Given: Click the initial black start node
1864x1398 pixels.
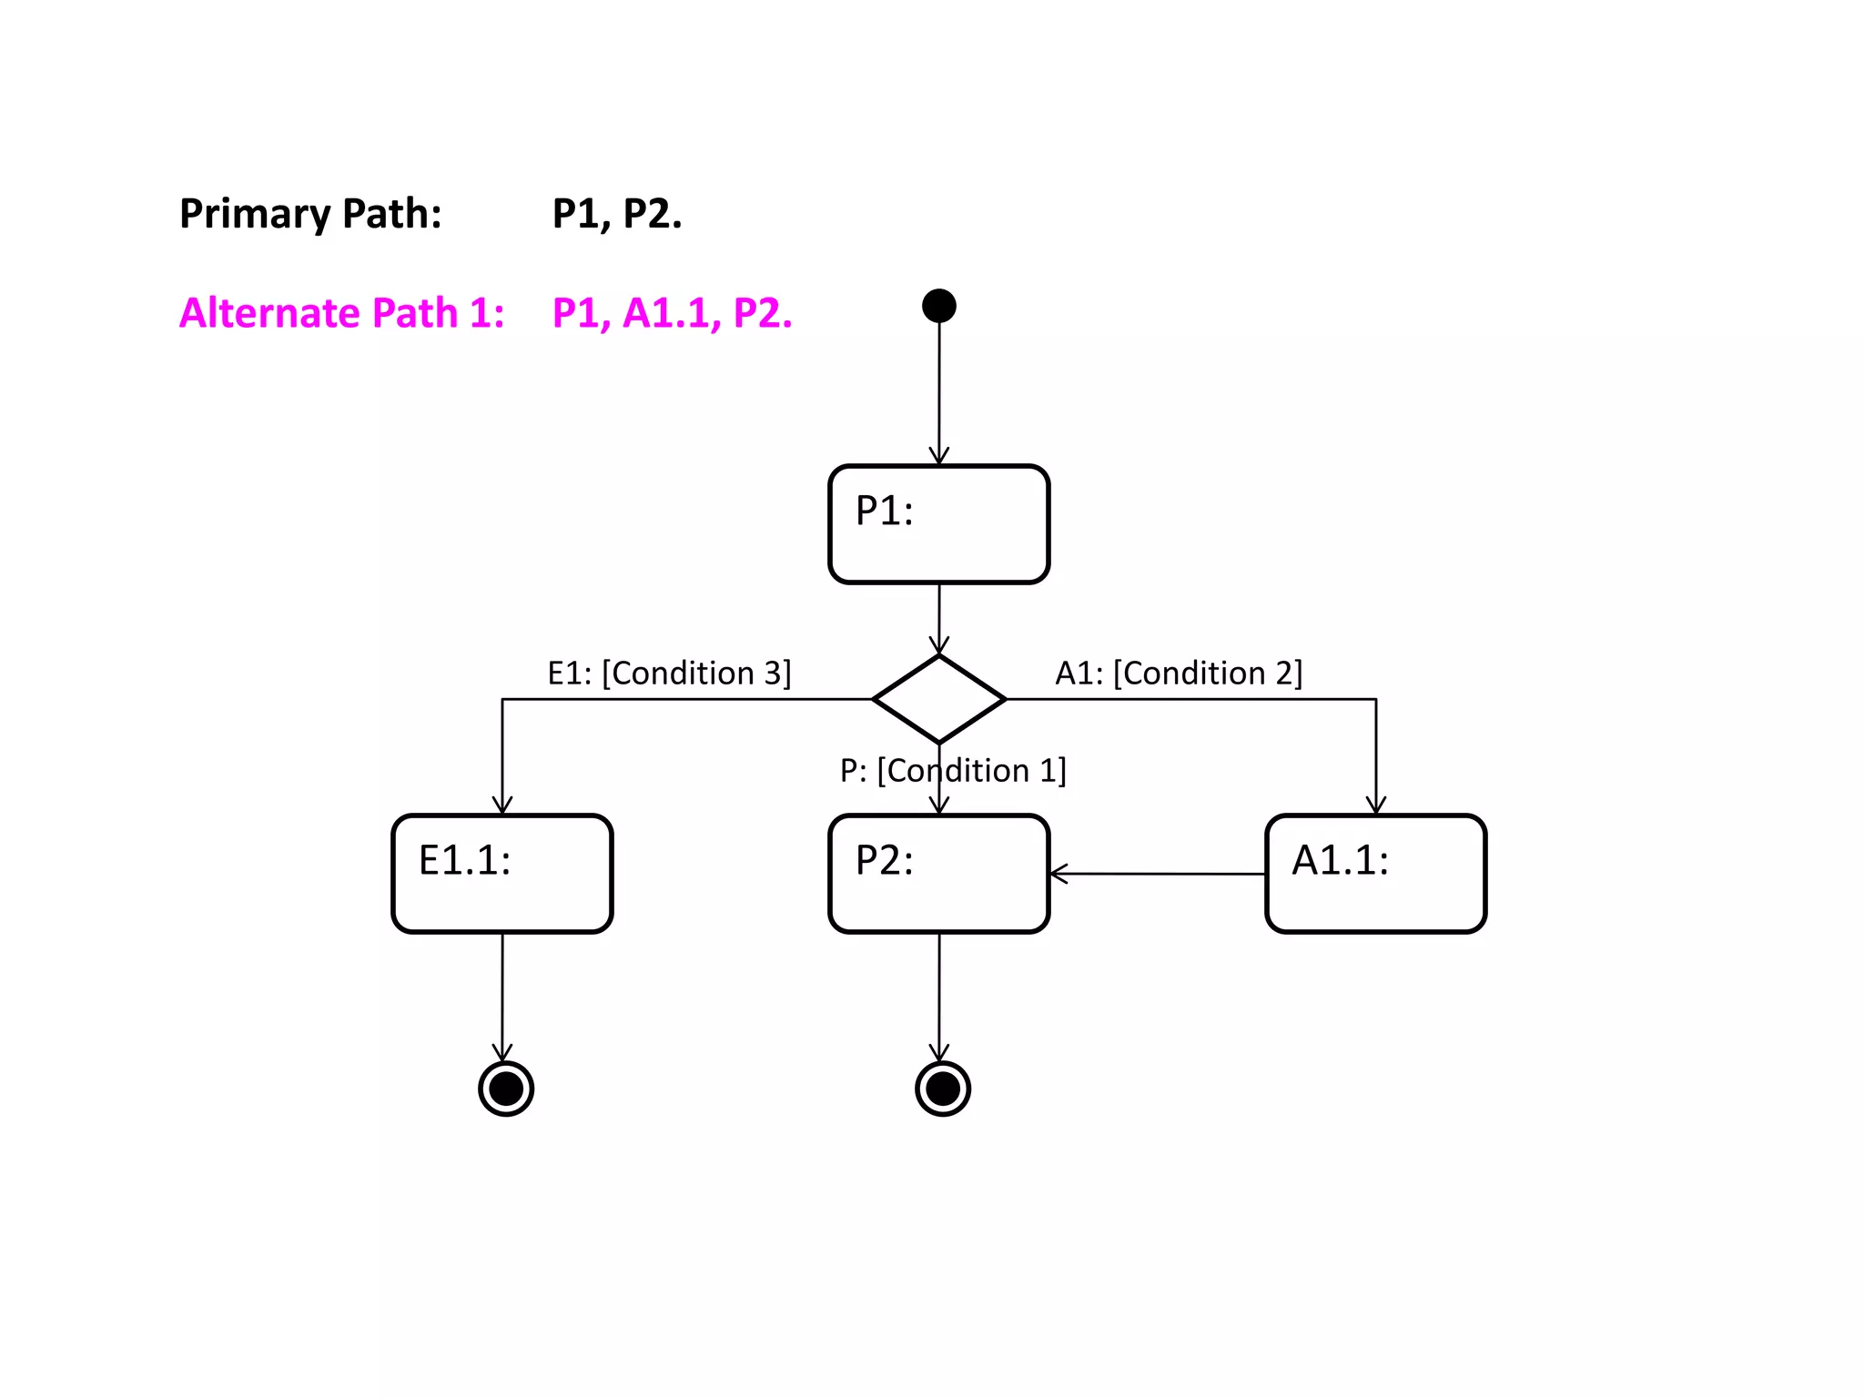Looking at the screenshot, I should (938, 306).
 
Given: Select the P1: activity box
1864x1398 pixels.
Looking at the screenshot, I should (938, 524).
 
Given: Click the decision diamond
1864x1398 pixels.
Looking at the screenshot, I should (938, 699).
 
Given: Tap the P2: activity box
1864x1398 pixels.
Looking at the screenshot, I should (938, 874).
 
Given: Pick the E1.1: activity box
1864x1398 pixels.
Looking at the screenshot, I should (501, 874).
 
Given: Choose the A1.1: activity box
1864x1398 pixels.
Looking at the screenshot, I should (1375, 874).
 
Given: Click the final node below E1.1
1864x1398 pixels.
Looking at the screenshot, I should (506, 1089).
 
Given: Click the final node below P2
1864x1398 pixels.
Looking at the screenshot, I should (943, 1089).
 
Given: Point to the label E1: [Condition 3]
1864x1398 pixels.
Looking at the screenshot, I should (669, 674).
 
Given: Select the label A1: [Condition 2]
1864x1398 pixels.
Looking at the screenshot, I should (1179, 674).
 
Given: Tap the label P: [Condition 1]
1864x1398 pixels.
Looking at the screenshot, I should (952, 771).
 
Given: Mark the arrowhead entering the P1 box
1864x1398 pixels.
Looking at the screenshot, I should (939, 457).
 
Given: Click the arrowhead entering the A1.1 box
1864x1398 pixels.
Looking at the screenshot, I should (1376, 805).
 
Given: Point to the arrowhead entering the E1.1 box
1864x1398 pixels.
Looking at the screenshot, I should (502, 805).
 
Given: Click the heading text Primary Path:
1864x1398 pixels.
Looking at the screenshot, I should (310, 215).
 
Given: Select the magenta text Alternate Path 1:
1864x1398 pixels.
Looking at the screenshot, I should (341, 313).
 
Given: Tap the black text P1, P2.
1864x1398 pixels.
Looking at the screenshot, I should (617, 215).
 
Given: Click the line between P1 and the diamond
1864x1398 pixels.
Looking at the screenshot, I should (939, 615).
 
